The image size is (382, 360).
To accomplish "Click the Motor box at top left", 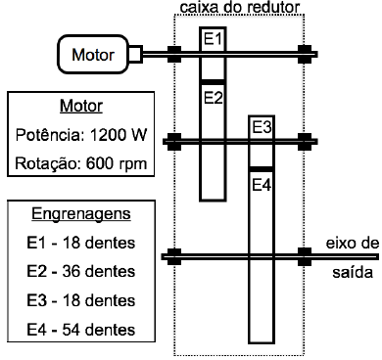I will pyautogui.click(x=92, y=54).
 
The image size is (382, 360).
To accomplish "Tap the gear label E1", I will pyautogui.click(x=214, y=39).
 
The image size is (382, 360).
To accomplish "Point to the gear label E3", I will pyautogui.click(x=262, y=127).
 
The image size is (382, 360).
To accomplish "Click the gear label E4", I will pyautogui.click(x=262, y=183).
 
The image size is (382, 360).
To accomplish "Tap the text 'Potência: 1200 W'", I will pyautogui.click(x=79, y=134).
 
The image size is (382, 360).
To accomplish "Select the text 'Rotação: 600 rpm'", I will pyautogui.click(x=79, y=162).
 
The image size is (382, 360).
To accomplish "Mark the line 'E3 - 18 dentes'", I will pyautogui.click(x=78, y=300).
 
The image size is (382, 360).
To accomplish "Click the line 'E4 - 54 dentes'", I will pyautogui.click(x=78, y=329).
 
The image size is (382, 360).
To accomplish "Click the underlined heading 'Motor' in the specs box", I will pyautogui.click(x=79, y=106).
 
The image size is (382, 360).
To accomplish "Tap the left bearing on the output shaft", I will pyautogui.click(x=175, y=258).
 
